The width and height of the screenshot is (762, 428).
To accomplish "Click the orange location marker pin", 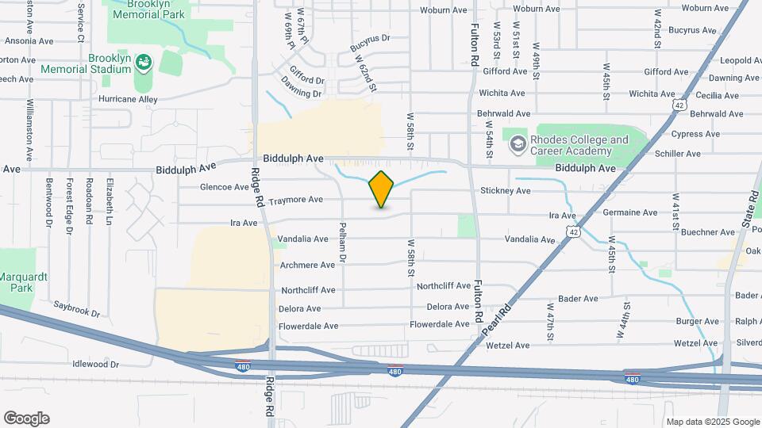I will click(x=382, y=189).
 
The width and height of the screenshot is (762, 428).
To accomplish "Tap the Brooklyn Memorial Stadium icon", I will click(x=144, y=62).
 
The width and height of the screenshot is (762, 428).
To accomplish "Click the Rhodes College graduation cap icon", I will click(x=518, y=143).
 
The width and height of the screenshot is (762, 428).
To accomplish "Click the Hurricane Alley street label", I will click(x=128, y=99).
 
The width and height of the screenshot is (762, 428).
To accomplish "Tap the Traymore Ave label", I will click(x=295, y=200).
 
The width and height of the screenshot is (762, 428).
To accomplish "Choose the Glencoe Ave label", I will click(x=225, y=187).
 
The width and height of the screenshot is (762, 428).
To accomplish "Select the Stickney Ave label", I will click(x=505, y=191).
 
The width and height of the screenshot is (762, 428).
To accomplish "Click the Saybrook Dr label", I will click(x=77, y=308).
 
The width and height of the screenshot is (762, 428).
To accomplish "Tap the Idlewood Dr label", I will click(x=94, y=365).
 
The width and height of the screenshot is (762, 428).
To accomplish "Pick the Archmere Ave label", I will click(x=307, y=265).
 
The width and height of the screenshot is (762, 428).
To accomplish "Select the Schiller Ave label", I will click(x=682, y=154).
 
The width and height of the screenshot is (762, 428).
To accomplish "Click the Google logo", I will click(x=26, y=418).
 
